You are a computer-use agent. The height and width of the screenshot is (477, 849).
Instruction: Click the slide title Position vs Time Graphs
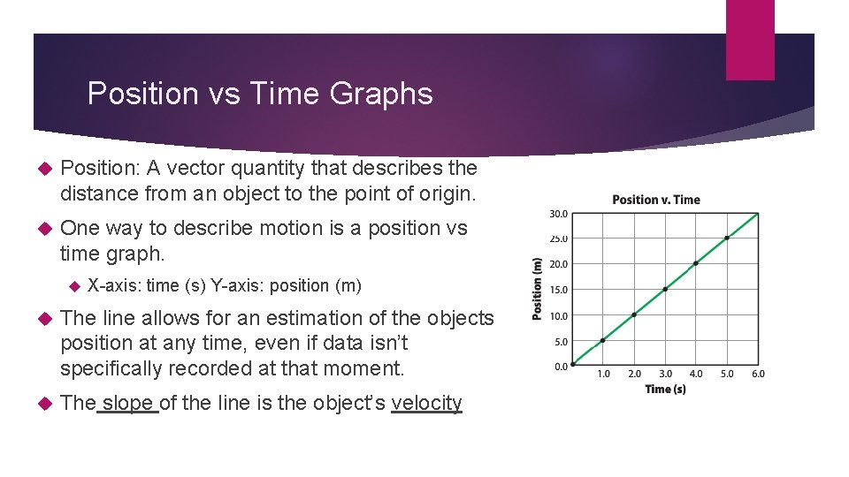260,94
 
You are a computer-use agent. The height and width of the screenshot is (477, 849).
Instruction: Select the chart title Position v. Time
655,200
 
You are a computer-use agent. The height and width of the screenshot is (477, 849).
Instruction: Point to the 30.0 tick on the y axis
558,214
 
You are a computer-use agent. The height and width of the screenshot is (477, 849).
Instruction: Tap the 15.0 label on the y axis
558,290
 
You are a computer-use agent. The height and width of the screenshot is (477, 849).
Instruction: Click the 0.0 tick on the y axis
561,366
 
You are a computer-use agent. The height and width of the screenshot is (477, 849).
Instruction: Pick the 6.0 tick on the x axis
758,374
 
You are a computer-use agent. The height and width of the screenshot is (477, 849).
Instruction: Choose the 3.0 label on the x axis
665,374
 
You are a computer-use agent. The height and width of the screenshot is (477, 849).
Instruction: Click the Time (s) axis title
665,389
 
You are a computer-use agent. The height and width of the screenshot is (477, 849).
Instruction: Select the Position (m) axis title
537,289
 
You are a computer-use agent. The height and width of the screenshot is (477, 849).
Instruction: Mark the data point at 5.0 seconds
727,238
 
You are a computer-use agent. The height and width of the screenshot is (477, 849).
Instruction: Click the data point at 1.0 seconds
603,340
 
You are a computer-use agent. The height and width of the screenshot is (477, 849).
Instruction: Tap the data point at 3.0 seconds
665,289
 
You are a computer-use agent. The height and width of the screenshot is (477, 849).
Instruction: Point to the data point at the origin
572,364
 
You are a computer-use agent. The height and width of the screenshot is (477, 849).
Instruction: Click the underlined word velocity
426,404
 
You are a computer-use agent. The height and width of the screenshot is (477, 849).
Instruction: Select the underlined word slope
128,404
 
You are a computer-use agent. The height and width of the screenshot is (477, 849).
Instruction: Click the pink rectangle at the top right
749,39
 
